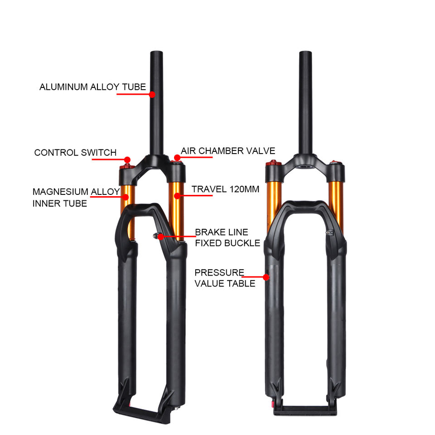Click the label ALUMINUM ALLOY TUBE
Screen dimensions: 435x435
(x=92, y=87)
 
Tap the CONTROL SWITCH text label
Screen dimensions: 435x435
(x=75, y=153)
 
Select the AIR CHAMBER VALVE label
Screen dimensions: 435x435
(x=228, y=151)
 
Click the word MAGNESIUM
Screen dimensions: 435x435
(x=60, y=192)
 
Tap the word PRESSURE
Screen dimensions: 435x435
(x=219, y=273)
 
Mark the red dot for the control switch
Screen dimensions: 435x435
(x=127, y=160)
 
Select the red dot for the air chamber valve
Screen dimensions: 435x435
(x=177, y=158)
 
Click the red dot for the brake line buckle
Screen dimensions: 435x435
(x=160, y=236)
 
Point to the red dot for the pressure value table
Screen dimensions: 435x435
(x=266, y=276)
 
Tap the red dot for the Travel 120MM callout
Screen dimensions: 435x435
(x=177, y=196)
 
